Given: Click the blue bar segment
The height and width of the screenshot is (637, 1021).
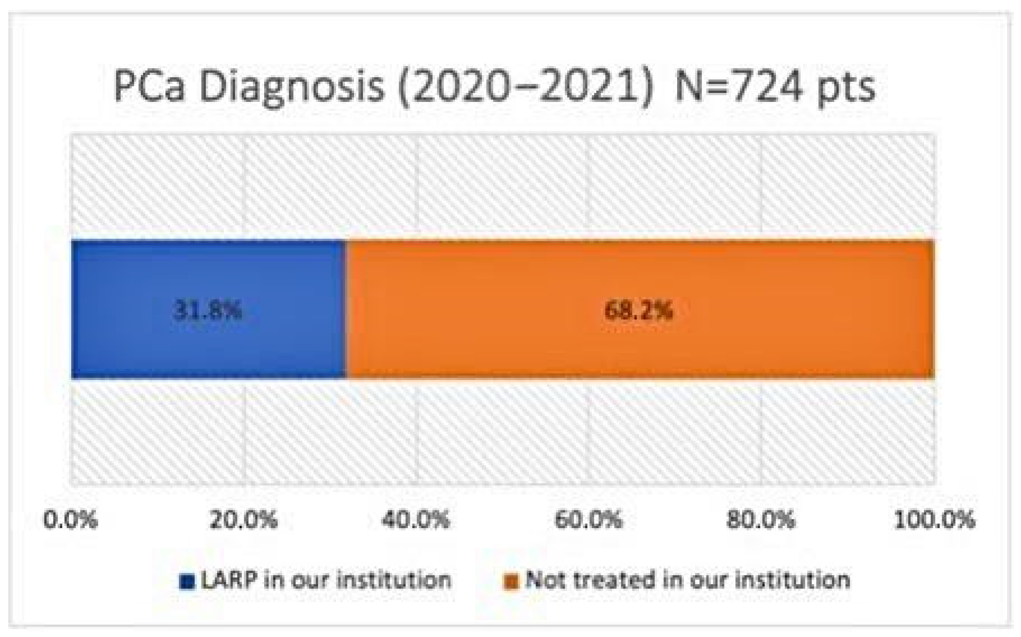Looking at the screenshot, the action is point(209,310).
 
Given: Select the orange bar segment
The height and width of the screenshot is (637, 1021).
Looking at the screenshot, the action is point(640,310).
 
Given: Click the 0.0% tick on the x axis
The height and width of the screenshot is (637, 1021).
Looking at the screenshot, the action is point(71,520).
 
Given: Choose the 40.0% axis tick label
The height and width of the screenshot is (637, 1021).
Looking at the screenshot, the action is point(416,520).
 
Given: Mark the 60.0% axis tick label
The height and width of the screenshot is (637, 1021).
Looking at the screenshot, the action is point(588,520).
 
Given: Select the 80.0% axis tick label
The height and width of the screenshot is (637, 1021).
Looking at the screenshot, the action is point(761,520).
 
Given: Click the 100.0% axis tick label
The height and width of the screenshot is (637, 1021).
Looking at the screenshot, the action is point(934,520).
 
